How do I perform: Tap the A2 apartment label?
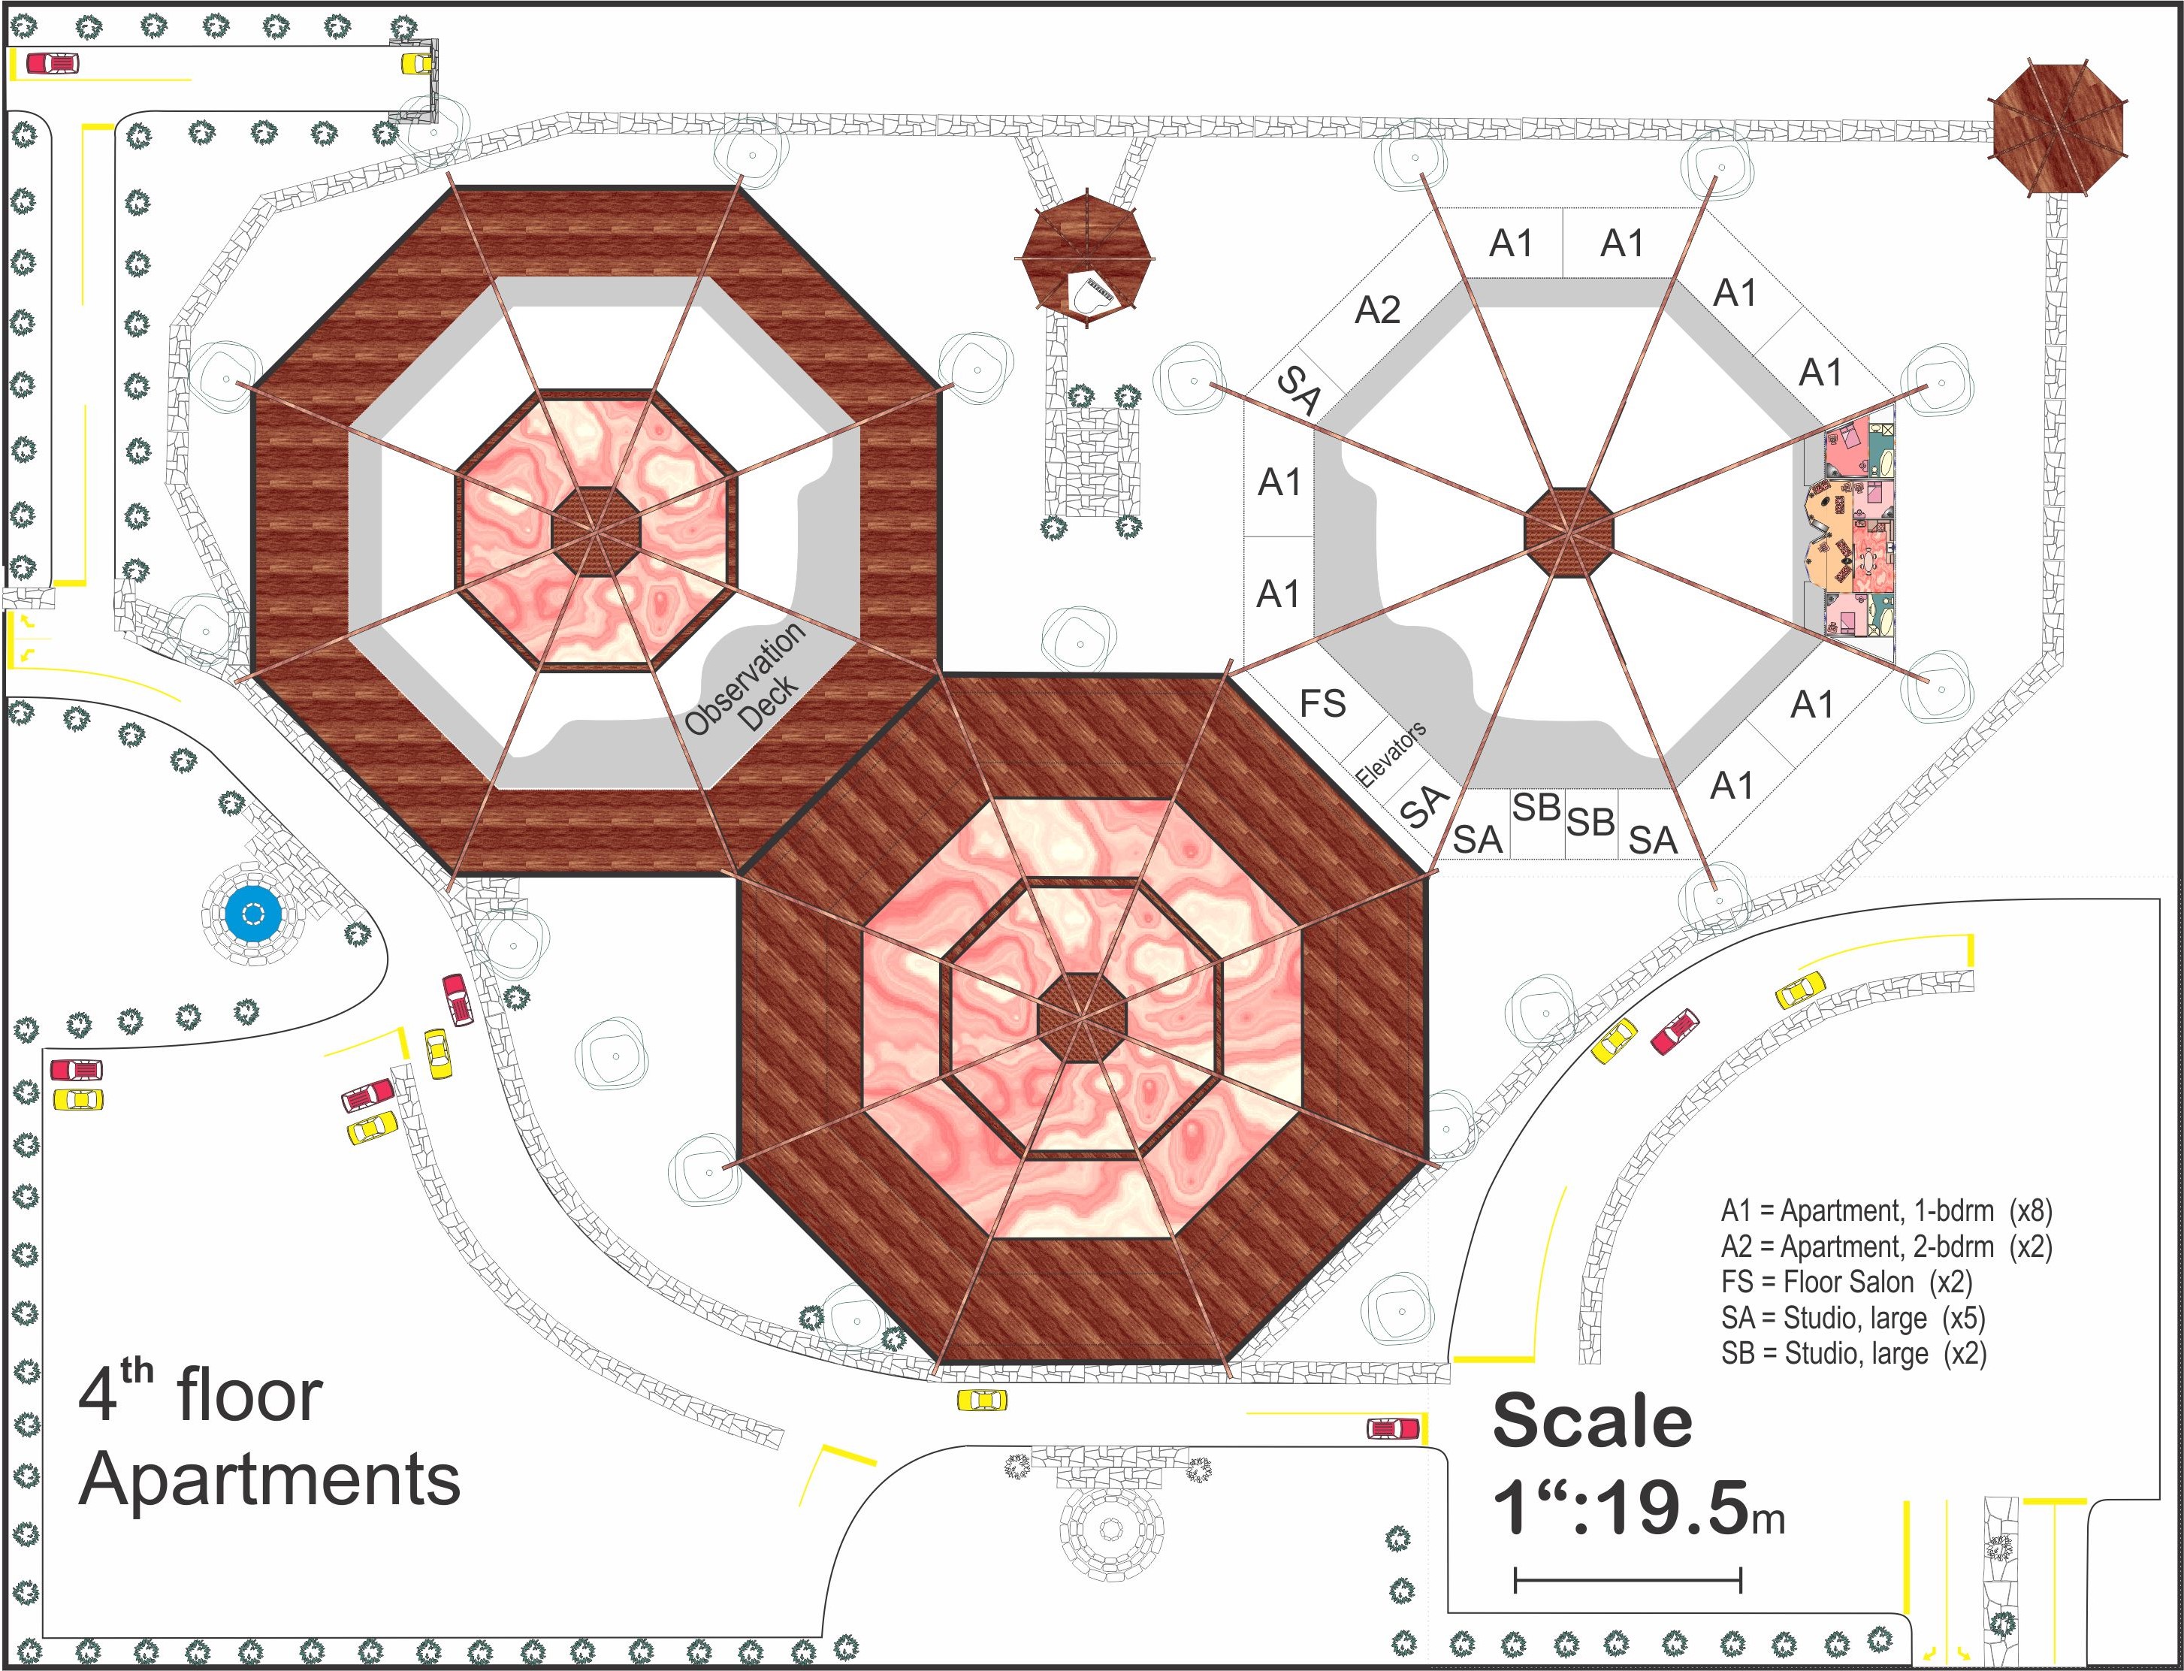pyautogui.click(x=1377, y=310)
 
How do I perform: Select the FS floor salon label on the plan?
pyautogui.click(x=1323, y=704)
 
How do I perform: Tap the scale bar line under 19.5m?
pyautogui.click(x=1628, y=1579)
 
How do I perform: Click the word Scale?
pyautogui.click(x=1592, y=1420)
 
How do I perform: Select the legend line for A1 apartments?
pyautogui.click(x=1886, y=1210)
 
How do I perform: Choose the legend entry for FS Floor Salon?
pyautogui.click(x=1847, y=1282)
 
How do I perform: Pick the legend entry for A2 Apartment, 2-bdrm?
pyautogui.click(x=1886, y=1246)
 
